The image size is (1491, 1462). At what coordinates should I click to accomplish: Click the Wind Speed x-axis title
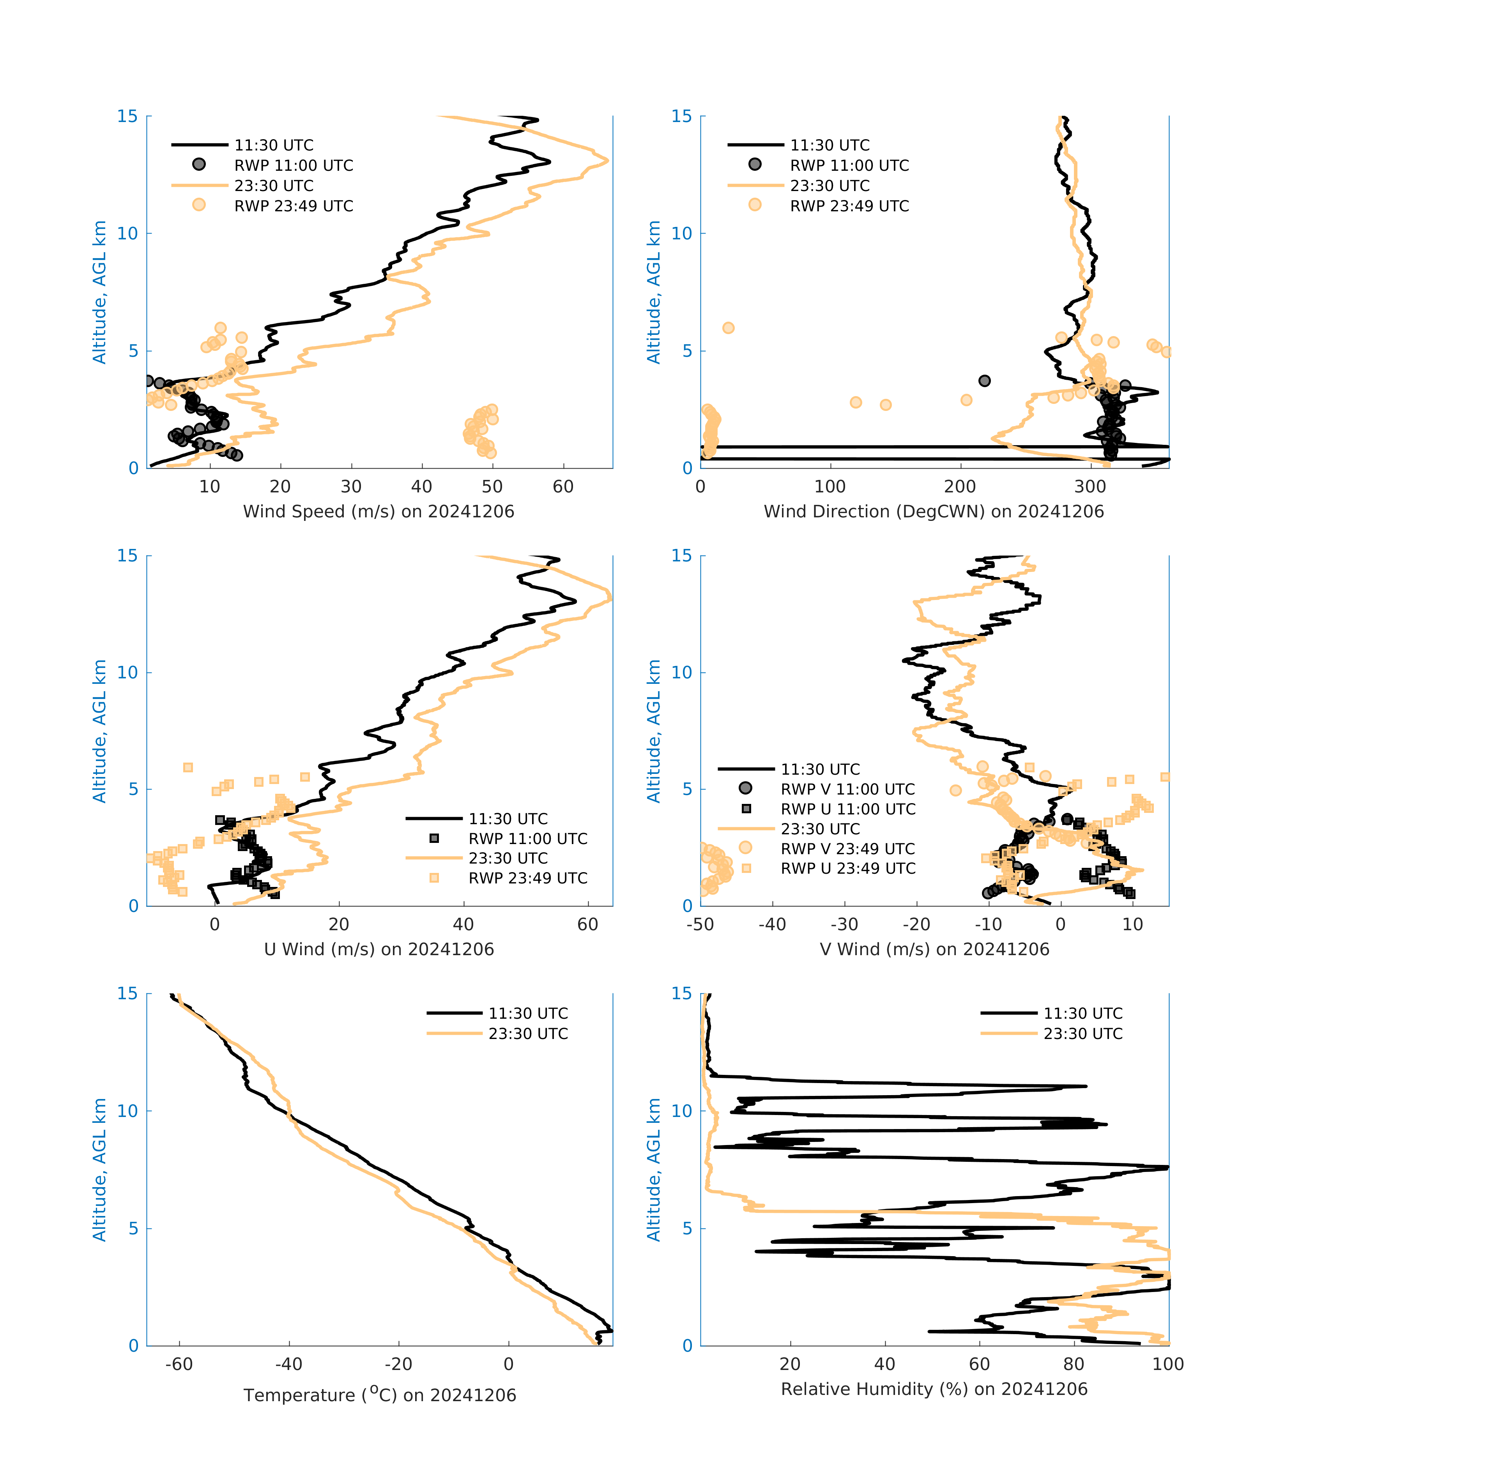378,512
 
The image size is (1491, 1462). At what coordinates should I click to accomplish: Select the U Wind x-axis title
378,949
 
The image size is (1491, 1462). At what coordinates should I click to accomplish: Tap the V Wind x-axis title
934,949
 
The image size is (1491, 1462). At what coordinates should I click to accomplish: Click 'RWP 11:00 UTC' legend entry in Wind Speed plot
293,165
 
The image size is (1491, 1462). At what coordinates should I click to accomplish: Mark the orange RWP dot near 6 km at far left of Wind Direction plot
728,328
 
